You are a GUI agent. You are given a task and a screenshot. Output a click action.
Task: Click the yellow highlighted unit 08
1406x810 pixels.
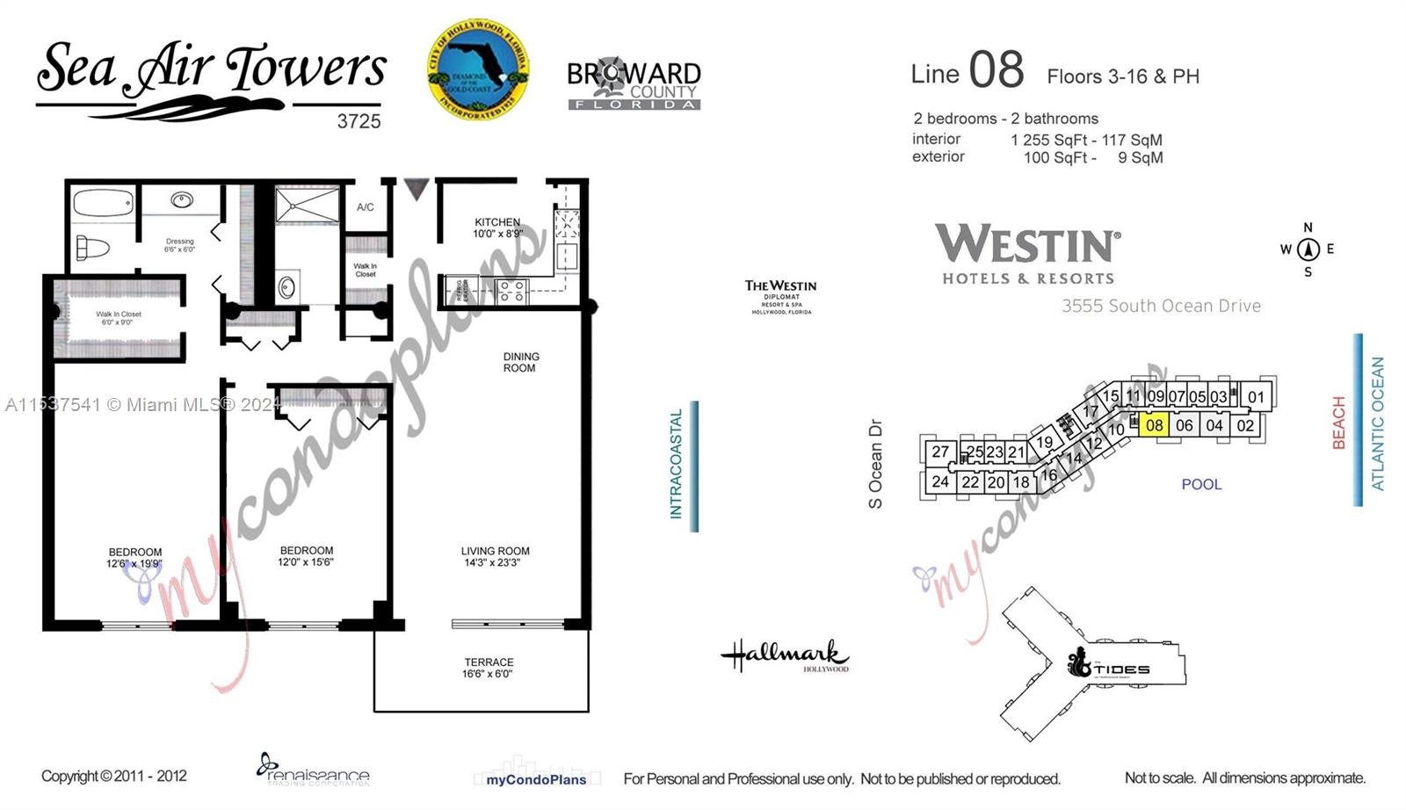1154,425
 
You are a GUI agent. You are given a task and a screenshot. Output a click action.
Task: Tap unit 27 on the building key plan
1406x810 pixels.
940,452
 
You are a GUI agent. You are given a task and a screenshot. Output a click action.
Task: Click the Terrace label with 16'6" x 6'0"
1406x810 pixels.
489,668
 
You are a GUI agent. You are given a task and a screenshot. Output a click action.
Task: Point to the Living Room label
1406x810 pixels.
495,556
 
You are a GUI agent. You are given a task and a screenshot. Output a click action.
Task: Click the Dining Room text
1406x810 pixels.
520,362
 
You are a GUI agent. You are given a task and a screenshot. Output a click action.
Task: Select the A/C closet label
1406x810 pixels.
365,207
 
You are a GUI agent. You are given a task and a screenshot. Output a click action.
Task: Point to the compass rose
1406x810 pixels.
1308,250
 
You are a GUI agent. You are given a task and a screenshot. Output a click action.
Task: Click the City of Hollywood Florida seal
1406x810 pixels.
477,70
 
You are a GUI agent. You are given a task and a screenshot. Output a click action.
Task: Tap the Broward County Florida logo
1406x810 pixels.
634,84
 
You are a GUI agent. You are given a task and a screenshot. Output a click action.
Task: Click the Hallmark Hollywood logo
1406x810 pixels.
785,656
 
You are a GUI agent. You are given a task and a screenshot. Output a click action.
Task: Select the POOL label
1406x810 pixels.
1200,484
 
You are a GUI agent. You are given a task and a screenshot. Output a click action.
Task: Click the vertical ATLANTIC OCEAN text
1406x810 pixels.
1377,423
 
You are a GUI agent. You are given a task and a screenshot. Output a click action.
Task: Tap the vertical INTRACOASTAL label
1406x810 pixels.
676,463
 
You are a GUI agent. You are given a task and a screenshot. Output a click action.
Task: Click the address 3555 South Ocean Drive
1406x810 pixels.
1160,306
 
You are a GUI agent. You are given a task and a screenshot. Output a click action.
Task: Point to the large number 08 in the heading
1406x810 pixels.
996,70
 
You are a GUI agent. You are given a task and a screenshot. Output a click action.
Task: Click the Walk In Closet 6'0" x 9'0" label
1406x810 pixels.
119,318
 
